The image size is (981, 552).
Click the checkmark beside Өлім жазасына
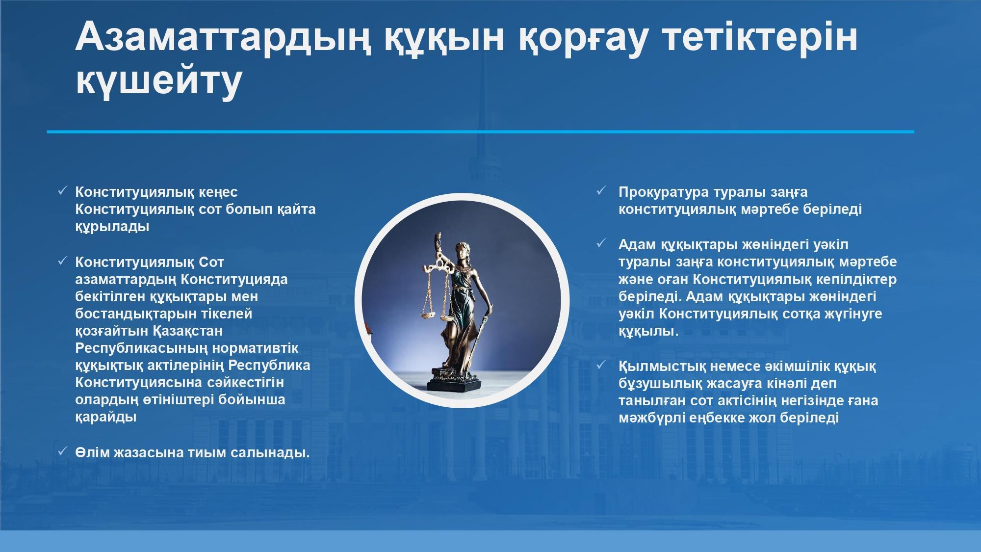tap(62, 451)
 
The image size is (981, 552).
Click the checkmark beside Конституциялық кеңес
tap(62, 191)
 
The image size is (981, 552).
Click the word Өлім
tap(92, 452)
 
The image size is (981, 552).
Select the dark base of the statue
tap(454, 382)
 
